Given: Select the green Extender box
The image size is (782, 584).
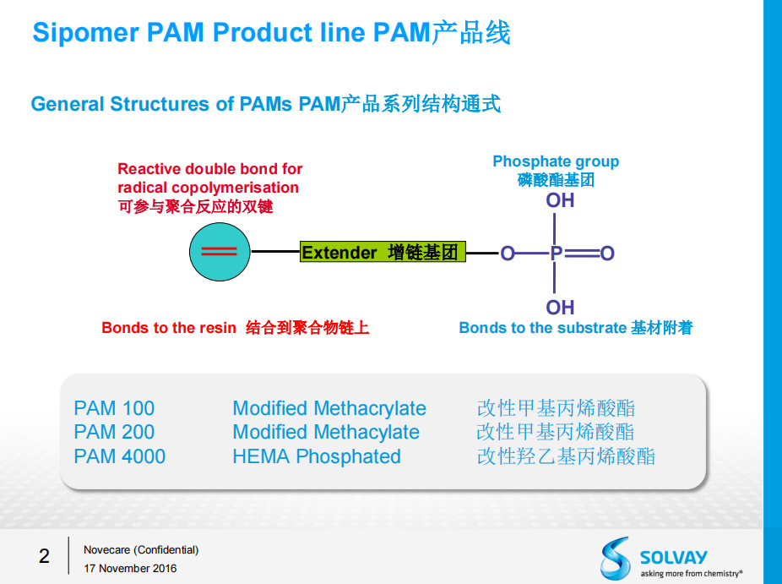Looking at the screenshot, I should pos(383,252).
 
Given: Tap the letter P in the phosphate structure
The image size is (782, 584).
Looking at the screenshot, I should pos(556,253).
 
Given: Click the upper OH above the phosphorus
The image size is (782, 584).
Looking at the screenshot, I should pos(560,200).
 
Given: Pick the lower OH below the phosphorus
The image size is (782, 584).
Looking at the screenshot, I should pos(560,307).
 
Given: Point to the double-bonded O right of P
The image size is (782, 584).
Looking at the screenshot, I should pos(607,253).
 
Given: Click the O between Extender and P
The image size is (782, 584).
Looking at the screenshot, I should pos(507,253).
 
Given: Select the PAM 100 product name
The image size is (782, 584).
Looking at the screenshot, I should pos(114,408).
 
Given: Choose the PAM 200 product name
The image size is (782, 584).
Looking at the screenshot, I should pos(114,432).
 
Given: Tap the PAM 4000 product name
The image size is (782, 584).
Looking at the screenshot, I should pos(119,456).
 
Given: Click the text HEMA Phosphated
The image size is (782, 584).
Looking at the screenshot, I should pos(317,456).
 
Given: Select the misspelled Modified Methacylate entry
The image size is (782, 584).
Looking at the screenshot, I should pos(326,432).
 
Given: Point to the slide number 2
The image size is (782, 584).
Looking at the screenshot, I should pos(44,556).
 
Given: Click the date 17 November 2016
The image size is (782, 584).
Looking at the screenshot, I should pos(130,568).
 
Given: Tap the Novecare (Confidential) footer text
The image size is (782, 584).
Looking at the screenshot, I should pos(141,549).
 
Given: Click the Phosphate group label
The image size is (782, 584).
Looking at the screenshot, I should pos(556,161).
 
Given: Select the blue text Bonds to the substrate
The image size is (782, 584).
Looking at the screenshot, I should pos(542,328).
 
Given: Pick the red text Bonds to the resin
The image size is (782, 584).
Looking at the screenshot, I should pos(169,328).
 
